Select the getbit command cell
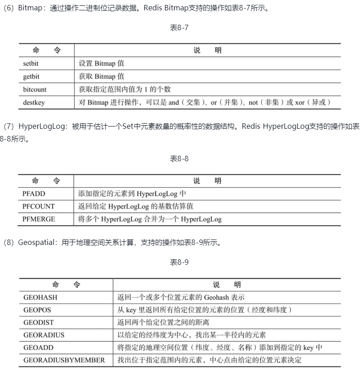tap(31, 77)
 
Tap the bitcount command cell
tap(35, 90)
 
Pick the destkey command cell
tap(34, 103)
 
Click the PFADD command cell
tap(34, 194)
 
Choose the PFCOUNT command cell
tap(39, 207)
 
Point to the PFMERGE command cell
tap(39, 220)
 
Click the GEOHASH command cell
tap(40, 298)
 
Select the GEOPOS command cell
tap(37, 310)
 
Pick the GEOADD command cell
tap(37, 348)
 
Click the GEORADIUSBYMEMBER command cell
tap(64, 360)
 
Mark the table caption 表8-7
tap(179, 28)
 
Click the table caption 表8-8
tap(179, 158)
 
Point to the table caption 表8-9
tap(179, 262)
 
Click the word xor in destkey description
tap(300, 103)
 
